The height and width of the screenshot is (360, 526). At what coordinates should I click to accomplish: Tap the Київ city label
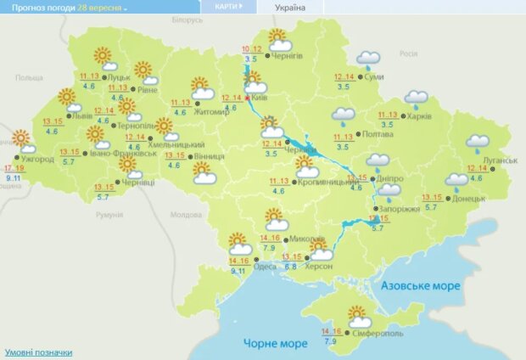[261, 99]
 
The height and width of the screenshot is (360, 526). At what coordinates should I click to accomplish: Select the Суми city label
[374, 78]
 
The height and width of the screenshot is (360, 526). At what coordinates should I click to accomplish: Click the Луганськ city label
[501, 160]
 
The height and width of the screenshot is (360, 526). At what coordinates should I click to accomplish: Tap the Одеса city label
[265, 267]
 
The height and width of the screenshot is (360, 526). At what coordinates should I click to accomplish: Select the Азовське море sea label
[421, 286]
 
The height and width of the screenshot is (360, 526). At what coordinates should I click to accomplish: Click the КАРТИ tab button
[227, 6]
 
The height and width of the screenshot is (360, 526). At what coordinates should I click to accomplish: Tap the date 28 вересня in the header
[101, 7]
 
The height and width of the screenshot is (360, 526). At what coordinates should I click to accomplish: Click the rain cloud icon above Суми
[368, 59]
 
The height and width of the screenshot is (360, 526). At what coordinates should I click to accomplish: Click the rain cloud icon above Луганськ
[478, 142]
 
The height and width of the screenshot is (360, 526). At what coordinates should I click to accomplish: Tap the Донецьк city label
[468, 199]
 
